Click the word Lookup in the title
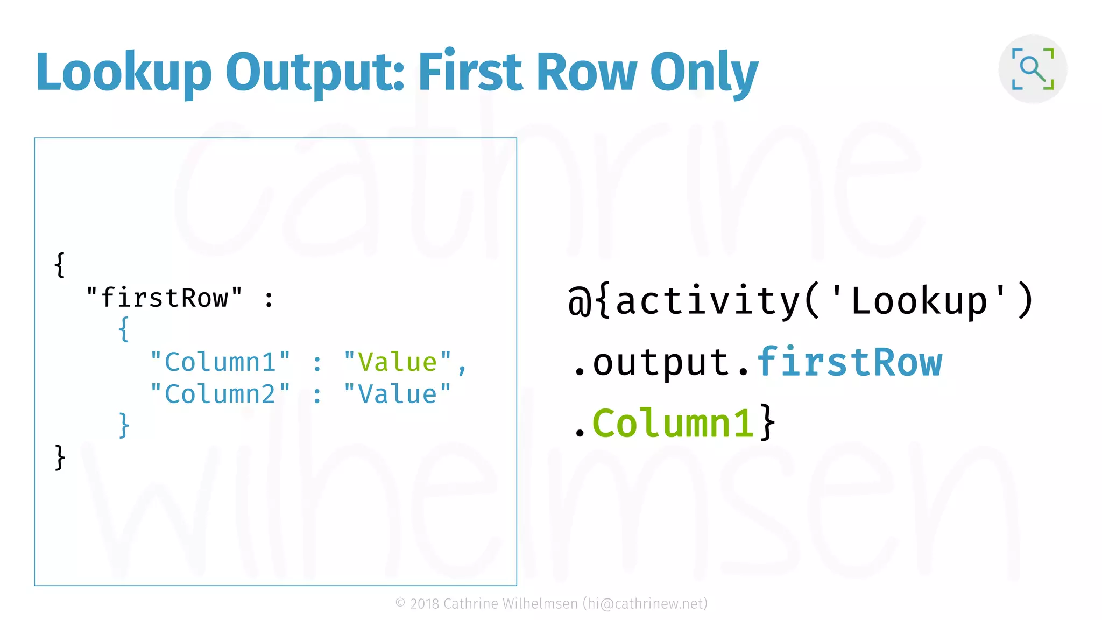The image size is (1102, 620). click(124, 73)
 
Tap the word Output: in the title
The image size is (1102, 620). click(315, 73)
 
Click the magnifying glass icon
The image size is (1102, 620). click(1033, 69)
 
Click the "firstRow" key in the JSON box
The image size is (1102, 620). click(164, 298)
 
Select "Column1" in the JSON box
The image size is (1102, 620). click(220, 362)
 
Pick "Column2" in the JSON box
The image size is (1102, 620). click(220, 394)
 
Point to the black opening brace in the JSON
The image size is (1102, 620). click(60, 265)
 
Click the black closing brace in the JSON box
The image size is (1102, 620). click(60, 457)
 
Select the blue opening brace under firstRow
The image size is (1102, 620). click(124, 329)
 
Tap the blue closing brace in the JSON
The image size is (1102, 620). click(124, 425)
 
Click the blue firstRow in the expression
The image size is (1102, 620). click(850, 362)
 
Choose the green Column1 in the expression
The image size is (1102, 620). click(673, 423)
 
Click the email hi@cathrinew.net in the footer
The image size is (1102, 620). click(645, 604)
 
